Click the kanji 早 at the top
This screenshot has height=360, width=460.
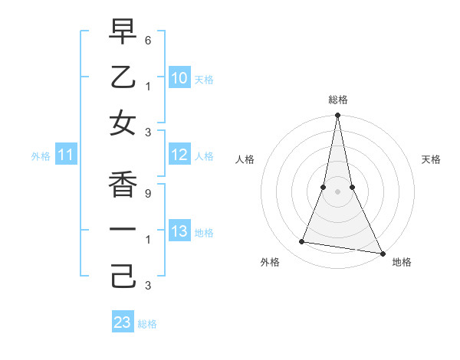click(x=123, y=31)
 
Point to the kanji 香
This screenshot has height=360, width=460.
click(x=123, y=185)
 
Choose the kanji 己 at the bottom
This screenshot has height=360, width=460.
click(x=123, y=276)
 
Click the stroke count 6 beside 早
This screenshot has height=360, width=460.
click(x=148, y=40)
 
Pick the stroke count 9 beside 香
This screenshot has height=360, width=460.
click(x=148, y=194)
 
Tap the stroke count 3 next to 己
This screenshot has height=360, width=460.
click(x=148, y=286)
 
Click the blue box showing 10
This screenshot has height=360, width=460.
click(x=179, y=77)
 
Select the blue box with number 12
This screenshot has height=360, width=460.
click(x=179, y=155)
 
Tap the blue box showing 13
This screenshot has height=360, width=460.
click(x=179, y=231)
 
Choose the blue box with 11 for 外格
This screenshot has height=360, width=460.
click(x=66, y=155)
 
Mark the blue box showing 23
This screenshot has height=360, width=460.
click(x=123, y=322)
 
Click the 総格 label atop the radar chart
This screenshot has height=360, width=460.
click(x=338, y=100)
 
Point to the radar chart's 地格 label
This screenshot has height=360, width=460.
click(x=402, y=263)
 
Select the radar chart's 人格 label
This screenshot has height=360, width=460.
click(x=245, y=159)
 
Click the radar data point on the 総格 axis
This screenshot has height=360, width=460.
click(x=337, y=116)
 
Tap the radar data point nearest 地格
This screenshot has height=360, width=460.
click(x=382, y=254)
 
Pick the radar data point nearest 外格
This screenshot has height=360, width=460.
click(x=302, y=242)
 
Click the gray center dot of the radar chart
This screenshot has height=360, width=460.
click(x=337, y=191)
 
